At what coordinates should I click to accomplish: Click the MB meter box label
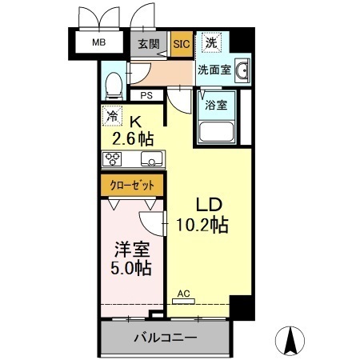click(x=99, y=42)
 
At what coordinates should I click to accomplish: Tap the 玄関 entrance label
click(x=149, y=44)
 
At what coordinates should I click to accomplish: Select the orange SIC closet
click(x=182, y=44)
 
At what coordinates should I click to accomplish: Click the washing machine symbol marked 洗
click(x=212, y=42)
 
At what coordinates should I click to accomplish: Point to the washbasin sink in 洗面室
click(x=242, y=70)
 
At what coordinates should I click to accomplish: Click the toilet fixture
click(x=114, y=86)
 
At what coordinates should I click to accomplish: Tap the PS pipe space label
click(x=146, y=95)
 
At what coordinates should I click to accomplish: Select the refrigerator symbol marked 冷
click(x=112, y=116)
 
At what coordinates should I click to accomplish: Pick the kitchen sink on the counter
click(x=151, y=159)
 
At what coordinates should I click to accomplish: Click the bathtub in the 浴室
click(x=216, y=132)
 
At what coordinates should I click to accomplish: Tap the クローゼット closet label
click(x=132, y=186)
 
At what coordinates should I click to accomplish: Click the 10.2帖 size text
click(x=202, y=225)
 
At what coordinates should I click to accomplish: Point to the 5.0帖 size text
click(x=131, y=268)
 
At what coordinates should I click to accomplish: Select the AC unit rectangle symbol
click(x=183, y=302)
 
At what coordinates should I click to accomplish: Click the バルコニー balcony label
click(x=166, y=338)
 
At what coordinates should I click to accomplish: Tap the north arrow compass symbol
click(x=290, y=341)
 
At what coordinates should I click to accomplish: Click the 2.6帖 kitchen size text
click(x=133, y=138)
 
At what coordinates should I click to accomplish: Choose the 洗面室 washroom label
click(x=214, y=70)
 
